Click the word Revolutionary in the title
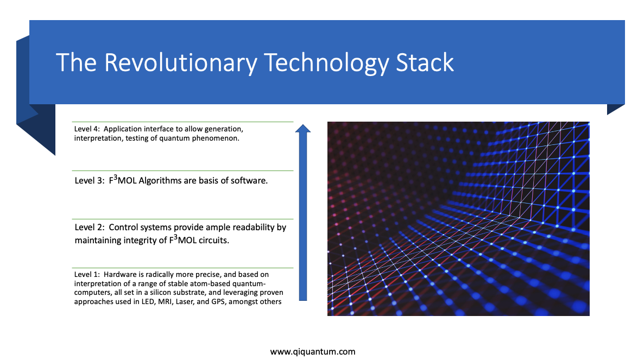(181, 64)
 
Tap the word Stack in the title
(425, 63)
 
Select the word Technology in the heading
(326, 64)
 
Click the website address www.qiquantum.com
(313, 351)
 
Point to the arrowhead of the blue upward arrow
(302, 128)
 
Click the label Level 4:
(87, 129)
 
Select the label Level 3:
(90, 181)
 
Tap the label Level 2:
(90, 228)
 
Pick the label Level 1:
(87, 274)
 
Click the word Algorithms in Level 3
(160, 181)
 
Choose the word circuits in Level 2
(213, 241)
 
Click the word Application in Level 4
(122, 129)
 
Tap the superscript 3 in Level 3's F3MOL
(116, 178)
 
